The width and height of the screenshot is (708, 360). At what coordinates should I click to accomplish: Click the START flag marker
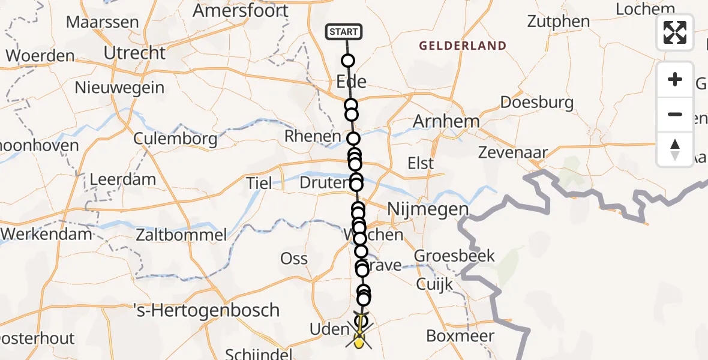[x=344, y=32]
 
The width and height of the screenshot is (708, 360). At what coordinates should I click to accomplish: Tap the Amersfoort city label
[x=241, y=10]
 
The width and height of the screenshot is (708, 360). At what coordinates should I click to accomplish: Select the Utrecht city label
[x=134, y=53]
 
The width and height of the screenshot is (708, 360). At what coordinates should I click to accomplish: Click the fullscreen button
[x=675, y=32]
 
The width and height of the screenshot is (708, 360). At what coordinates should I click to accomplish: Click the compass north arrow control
[x=675, y=149]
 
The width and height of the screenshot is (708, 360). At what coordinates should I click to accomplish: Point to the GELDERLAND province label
[x=463, y=46]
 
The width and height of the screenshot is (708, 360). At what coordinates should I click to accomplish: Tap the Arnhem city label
[x=446, y=121]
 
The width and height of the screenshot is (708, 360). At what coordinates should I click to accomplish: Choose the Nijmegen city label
[x=428, y=209]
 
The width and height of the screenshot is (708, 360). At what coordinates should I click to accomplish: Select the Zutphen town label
[x=559, y=22]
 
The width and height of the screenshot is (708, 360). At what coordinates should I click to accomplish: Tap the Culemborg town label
[x=176, y=139]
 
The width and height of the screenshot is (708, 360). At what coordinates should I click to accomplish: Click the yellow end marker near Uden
[x=359, y=343]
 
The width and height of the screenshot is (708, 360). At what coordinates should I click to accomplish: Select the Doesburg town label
[x=536, y=102]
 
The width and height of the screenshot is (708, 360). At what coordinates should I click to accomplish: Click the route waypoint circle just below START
[x=348, y=61]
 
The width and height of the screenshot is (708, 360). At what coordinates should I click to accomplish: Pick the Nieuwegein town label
[x=119, y=88]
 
